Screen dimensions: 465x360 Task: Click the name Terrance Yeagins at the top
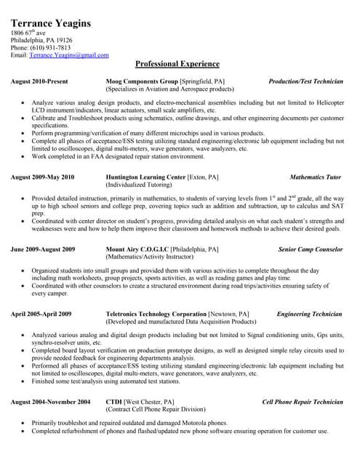[x=51, y=23]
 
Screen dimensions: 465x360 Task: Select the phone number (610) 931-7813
[x=50, y=48]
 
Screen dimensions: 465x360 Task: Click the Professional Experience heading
[x=177, y=64]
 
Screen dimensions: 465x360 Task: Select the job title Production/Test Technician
[x=305, y=81]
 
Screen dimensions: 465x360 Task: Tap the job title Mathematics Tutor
[x=315, y=177]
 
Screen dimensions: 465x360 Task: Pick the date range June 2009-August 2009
[x=43, y=249]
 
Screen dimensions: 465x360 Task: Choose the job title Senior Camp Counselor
[x=310, y=249]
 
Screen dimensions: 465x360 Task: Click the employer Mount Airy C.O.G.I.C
[x=137, y=249]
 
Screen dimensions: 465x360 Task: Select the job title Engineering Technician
[x=309, y=315]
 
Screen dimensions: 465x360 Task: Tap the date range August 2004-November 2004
[x=50, y=402]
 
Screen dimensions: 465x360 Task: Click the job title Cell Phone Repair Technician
[x=302, y=402]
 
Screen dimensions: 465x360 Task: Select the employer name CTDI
[x=113, y=402]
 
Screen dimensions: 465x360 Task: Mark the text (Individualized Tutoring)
[x=140, y=185]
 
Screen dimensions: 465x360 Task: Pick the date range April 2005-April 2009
[x=41, y=315]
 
